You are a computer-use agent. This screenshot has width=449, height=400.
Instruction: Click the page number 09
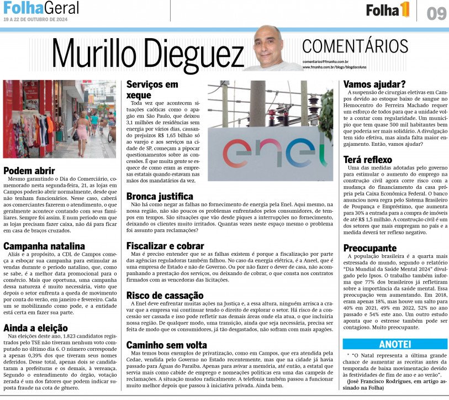coord(436,12)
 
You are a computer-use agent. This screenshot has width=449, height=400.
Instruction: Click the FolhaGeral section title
coord(41,8)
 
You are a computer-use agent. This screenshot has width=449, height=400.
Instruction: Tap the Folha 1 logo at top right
coord(388,10)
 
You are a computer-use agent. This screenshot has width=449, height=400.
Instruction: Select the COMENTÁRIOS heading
coord(355,46)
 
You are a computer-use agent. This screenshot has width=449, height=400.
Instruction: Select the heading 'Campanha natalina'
coord(44,246)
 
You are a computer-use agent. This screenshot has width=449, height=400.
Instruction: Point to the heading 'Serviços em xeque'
coord(152,90)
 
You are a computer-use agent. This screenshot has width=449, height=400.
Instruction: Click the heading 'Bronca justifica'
coord(160,196)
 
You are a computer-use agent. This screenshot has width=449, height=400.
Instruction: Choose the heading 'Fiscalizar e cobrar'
coord(165,246)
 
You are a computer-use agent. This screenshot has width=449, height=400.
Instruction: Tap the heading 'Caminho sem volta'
coord(167,345)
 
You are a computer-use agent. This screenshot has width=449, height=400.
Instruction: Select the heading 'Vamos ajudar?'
coord(374,84)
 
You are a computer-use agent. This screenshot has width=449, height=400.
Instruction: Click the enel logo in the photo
coord(270,152)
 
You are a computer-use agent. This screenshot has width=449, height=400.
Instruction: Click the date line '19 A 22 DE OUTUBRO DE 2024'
coord(36,19)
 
